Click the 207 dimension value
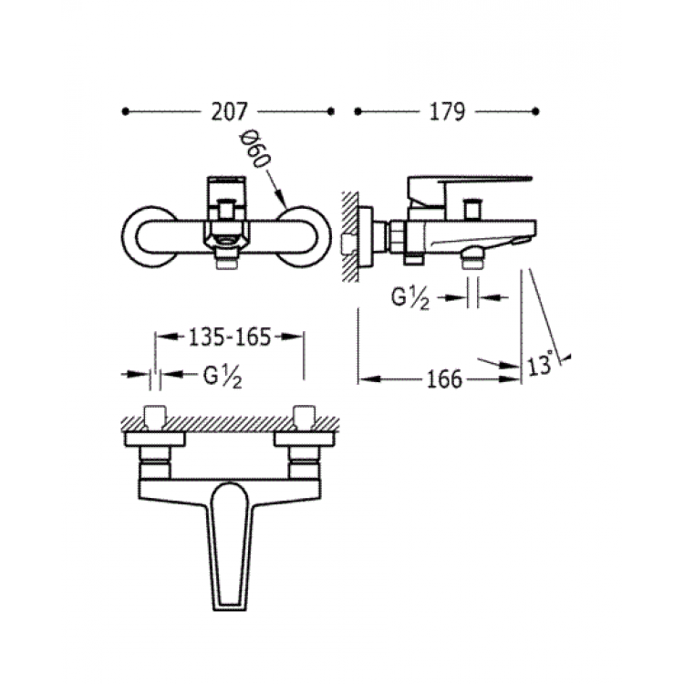pyautogui.click(x=229, y=111)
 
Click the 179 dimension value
pyautogui.click(x=447, y=111)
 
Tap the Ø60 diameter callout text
pyautogui.click(x=254, y=150)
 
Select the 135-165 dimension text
pyautogui.click(x=230, y=337)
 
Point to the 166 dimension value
pyautogui.click(x=444, y=379)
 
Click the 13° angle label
pyautogui.click(x=541, y=364)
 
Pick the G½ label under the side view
pyautogui.click(x=410, y=298)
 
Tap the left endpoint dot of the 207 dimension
pyautogui.click(x=126, y=111)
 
